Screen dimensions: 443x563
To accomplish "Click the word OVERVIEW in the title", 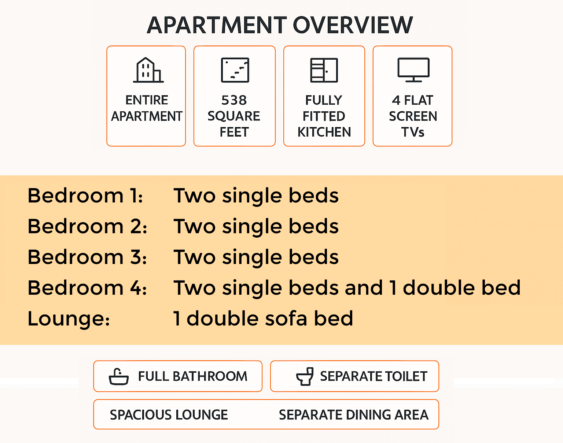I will coord(353,25).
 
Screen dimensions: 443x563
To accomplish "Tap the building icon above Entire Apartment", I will coord(148,70).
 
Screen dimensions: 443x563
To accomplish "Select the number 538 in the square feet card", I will coord(234,100).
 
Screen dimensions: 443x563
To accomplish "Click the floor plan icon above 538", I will coord(235,70).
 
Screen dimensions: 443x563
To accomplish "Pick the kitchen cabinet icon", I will coord(324,70).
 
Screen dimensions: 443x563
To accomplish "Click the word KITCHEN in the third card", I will coord(324,132).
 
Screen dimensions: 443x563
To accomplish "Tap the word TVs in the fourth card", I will coord(413,132).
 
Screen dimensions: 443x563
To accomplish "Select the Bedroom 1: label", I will coord(85,196).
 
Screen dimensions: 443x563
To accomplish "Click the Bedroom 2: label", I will coord(87,226).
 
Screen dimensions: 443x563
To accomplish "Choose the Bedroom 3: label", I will coord(87,257).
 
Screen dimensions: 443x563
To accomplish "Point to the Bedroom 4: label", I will coord(87,288).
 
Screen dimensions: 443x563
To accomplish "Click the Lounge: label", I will coord(69,319).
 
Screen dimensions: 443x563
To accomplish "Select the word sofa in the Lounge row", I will coord(286,319).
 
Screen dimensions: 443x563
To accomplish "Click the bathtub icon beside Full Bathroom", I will coord(119,376).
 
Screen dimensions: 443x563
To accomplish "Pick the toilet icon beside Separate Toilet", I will coord(305,376).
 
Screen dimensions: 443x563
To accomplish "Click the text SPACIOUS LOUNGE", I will coord(169,415).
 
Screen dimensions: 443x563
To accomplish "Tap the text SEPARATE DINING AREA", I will coord(353,415).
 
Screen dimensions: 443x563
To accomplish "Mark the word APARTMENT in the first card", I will coord(147,116).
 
